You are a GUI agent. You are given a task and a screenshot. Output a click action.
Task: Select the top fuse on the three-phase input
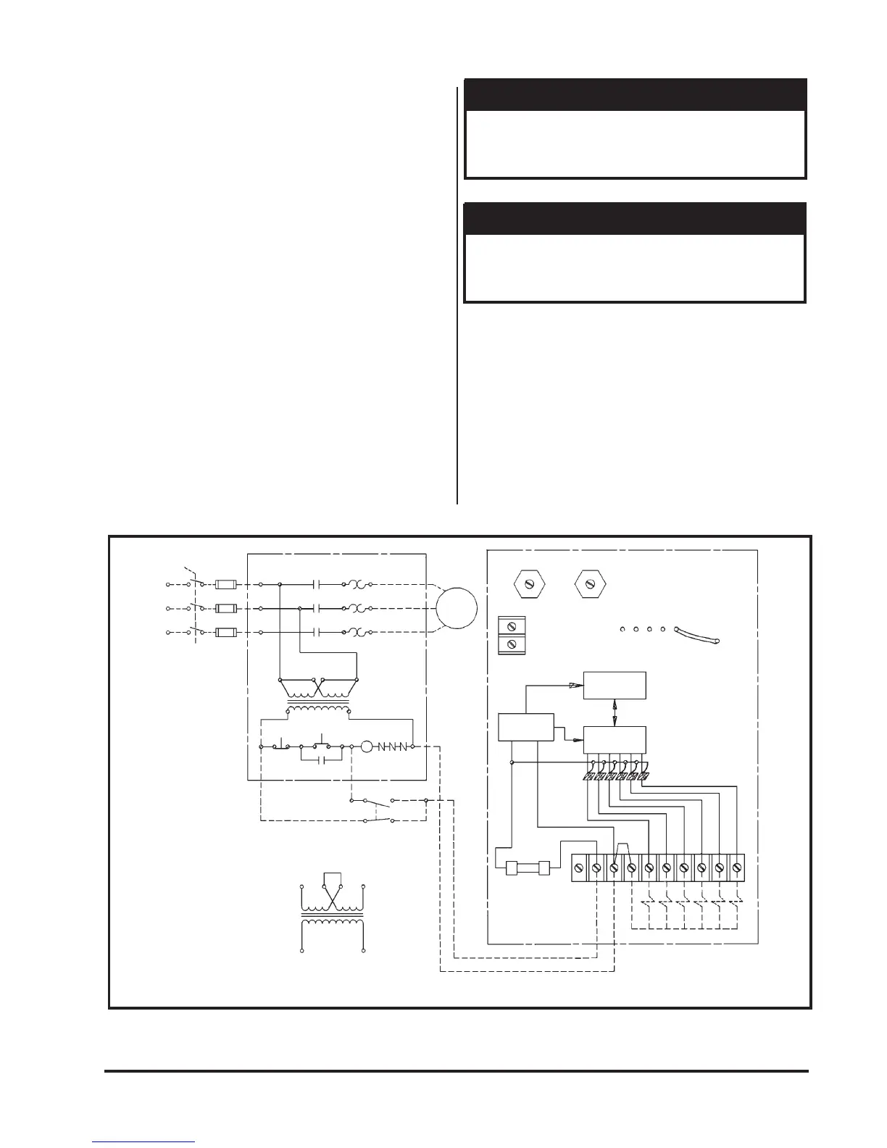[x=227, y=583]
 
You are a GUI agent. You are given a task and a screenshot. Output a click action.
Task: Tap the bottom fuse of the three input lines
[x=227, y=632]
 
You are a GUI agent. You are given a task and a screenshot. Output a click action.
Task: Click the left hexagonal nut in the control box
[x=528, y=583]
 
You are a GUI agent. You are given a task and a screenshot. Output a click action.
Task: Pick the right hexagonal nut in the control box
[x=590, y=583]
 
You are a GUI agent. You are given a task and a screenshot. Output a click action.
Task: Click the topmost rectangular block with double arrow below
[x=615, y=685]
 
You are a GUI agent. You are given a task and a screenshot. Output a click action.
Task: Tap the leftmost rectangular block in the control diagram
[x=526, y=727]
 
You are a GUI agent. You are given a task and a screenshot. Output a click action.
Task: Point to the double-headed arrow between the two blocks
[x=615, y=712]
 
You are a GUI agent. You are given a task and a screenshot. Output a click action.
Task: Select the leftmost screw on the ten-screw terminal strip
[x=580, y=867]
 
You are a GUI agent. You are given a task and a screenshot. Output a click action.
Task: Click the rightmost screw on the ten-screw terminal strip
[x=737, y=867]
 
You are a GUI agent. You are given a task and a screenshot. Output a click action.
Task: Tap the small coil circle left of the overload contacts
[x=367, y=746]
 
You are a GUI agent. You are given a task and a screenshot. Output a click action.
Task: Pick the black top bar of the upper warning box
[x=635, y=95]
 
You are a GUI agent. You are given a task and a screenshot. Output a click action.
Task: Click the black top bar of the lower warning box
[x=635, y=219]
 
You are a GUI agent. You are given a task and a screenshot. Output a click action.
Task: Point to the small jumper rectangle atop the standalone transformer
[x=332, y=879]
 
